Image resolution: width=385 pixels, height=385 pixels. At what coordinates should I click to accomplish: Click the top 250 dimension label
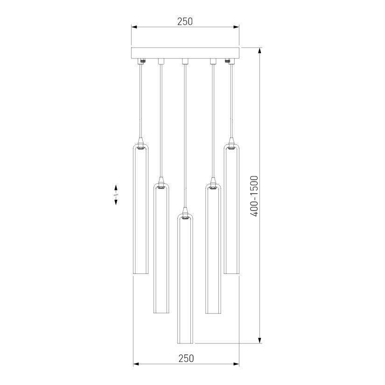[185, 21]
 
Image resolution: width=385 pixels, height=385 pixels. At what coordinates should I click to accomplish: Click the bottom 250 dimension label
[186, 358]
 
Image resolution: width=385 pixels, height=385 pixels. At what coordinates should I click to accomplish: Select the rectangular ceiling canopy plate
[185, 53]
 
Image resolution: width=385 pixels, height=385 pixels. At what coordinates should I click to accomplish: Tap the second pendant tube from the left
[161, 248]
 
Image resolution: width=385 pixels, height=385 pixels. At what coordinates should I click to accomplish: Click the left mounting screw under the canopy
[142, 61]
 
